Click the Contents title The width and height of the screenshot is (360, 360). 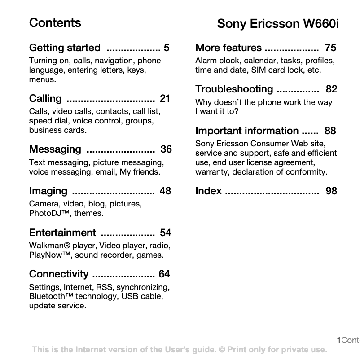pyautogui.click(x=55, y=23)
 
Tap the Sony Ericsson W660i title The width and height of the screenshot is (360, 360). pyautogui.click(x=277, y=24)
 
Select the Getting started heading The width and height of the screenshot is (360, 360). pyautogui.click(x=65, y=48)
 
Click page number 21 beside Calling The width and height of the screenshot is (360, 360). pyautogui.click(x=165, y=98)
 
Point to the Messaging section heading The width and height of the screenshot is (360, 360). pyautogui.click(x=55, y=149)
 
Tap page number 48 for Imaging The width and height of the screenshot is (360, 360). pyautogui.click(x=165, y=191)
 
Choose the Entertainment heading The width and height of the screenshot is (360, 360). pyautogui.click(x=62, y=233)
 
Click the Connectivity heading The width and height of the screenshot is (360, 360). pyautogui.click(x=59, y=274)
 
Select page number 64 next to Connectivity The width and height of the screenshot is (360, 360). pyautogui.click(x=164, y=274)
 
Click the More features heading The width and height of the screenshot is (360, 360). pyautogui.click(x=228, y=48)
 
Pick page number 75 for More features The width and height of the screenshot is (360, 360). pyautogui.click(x=330, y=48)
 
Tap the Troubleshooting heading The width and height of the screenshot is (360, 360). pyautogui.click(x=234, y=89)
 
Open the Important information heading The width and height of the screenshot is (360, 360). pyautogui.click(x=247, y=131)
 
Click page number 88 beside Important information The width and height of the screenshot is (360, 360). pyautogui.click(x=330, y=131)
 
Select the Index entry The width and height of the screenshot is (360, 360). pyautogui.click(x=208, y=191)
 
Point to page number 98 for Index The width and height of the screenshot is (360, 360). pyautogui.click(x=331, y=191)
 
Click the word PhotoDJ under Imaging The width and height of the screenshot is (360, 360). pyautogui.click(x=45, y=213)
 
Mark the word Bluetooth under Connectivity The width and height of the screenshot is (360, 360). pyautogui.click(x=47, y=296)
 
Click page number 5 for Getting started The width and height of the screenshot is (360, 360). pyautogui.click(x=167, y=48)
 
